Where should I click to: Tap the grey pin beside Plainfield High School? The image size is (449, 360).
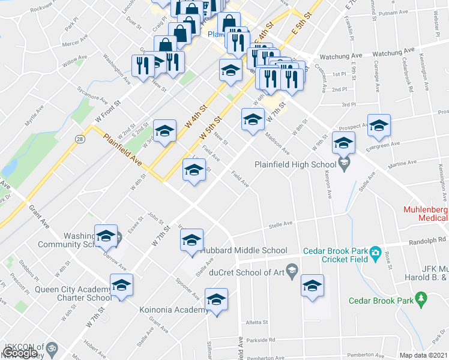(x=344, y=163)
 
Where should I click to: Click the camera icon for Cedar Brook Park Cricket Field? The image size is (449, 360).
(x=375, y=251)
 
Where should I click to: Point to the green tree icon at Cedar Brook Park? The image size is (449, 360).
(x=421, y=298)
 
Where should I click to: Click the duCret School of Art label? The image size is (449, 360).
(x=244, y=272)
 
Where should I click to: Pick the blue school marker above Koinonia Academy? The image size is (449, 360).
(x=217, y=299)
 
